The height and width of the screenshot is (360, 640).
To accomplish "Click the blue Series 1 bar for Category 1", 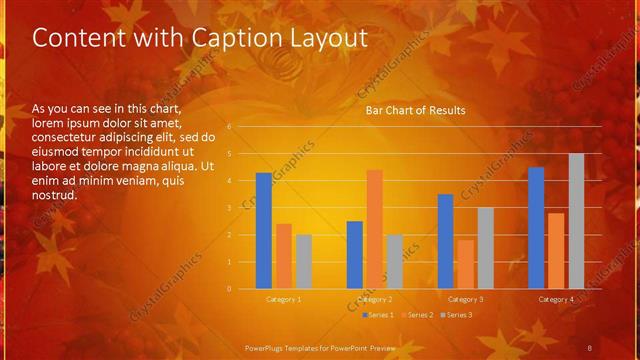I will (263, 230).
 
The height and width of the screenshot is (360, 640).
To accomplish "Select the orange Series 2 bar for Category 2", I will (374, 229).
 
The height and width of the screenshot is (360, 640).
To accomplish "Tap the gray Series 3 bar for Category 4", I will (576, 221).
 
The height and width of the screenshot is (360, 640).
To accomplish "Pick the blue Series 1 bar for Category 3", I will (445, 241).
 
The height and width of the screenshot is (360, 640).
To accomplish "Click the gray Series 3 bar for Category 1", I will (303, 261).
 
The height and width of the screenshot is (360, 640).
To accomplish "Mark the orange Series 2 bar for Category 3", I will (465, 264).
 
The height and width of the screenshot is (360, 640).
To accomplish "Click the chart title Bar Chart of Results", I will (415, 110).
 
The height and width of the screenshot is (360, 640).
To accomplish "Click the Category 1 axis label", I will (284, 299).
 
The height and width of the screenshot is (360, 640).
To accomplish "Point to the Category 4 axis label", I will (556, 299).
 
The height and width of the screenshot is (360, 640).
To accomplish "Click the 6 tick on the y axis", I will (229, 127).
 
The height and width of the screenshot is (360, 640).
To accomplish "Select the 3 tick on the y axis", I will (229, 208).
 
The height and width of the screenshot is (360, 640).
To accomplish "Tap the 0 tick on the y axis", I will (229, 289).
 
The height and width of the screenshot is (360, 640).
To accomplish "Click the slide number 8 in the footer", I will (590, 346).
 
